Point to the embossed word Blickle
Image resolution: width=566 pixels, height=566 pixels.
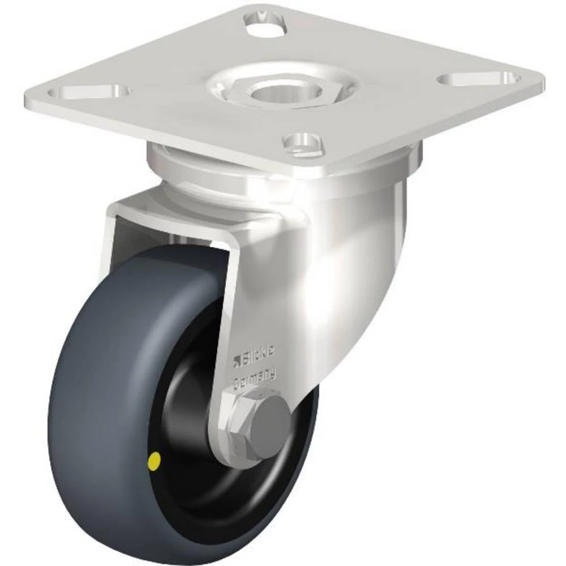260,354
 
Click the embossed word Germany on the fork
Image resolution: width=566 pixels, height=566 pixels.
256,376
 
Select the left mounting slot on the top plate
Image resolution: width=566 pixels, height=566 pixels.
91,91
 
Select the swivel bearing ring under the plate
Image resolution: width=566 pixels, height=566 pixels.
187,170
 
